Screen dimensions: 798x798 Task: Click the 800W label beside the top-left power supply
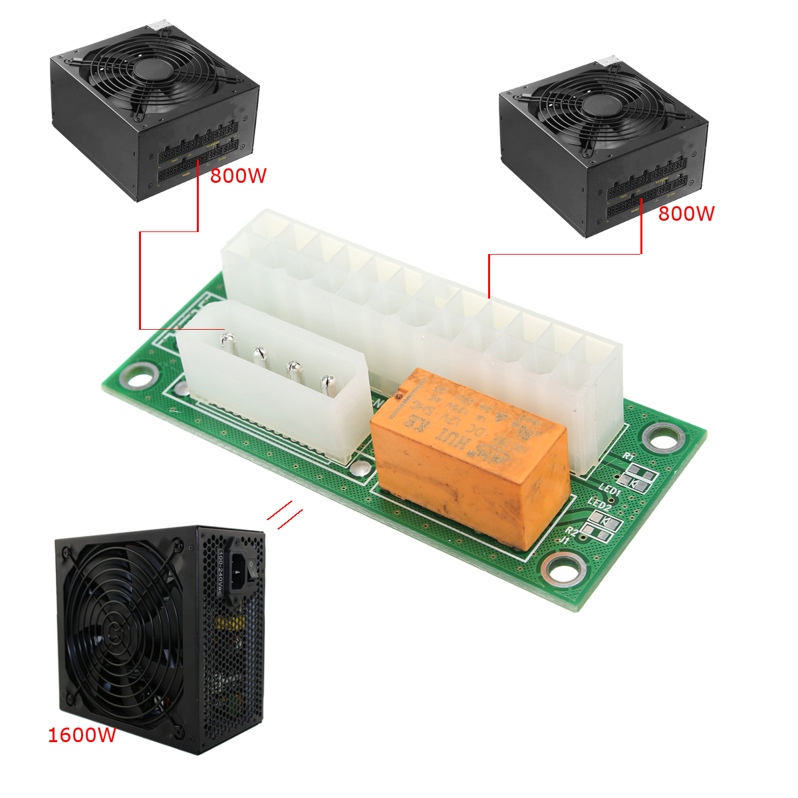238,176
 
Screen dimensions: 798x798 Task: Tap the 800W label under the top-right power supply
686,213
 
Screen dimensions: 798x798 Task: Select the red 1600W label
82,735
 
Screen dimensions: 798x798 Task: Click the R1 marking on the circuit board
629,457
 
